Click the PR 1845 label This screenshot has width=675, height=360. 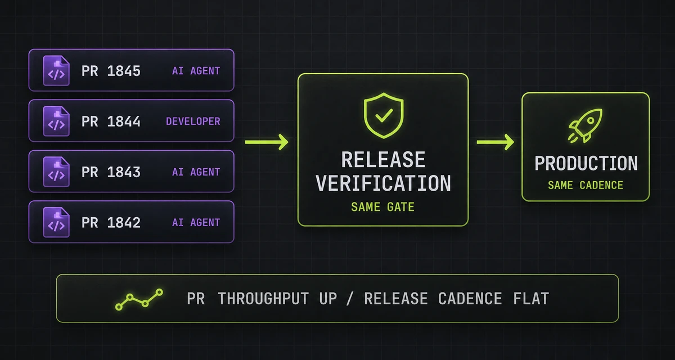(111, 71)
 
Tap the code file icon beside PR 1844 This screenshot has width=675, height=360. (56, 121)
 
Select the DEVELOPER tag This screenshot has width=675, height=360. (193, 121)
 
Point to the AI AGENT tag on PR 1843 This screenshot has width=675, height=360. (196, 172)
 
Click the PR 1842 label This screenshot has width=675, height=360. (111, 223)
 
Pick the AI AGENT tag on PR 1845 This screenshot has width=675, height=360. (196, 71)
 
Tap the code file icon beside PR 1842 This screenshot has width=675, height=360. (56, 222)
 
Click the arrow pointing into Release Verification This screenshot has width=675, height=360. (267, 142)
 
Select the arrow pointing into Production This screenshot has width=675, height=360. (496, 142)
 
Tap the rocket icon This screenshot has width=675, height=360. (585, 125)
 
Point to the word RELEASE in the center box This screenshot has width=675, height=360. (383, 159)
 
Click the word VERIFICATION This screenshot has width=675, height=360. (383, 183)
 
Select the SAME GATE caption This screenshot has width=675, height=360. (383, 207)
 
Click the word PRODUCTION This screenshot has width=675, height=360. (586, 163)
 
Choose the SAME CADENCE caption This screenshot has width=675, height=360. (586, 185)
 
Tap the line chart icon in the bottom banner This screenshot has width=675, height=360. (139, 299)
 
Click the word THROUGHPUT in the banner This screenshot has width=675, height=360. (263, 299)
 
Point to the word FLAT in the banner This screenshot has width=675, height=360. (531, 299)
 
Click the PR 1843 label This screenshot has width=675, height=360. (111, 172)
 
